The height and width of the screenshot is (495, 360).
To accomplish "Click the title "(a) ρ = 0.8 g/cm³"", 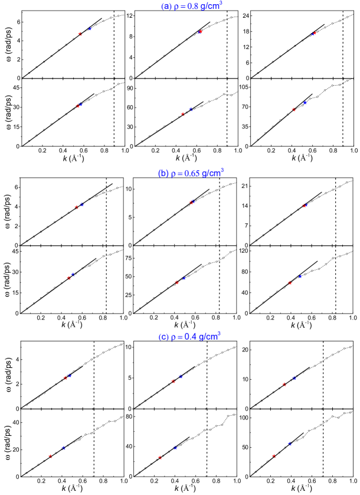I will pos(191,6).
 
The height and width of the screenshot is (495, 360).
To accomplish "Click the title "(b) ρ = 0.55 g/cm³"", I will pos(191,174).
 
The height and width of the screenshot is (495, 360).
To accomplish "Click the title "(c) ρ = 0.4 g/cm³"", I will pos(189,337).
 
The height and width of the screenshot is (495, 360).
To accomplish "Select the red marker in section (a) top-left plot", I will pos(80,34).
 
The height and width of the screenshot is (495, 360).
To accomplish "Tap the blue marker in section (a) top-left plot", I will pos(90,28).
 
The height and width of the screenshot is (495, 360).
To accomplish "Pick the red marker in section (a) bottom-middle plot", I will pos(183,114).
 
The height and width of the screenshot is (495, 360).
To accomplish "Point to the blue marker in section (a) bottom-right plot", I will pos(305,103).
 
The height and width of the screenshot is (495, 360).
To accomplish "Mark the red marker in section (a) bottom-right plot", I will pos(294,109).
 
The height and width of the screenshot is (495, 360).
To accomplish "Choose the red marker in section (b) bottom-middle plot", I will pos(176,282).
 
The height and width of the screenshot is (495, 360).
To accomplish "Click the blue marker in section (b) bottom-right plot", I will pos(300,276).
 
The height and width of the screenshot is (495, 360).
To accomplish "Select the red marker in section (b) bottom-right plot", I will pos(290,283).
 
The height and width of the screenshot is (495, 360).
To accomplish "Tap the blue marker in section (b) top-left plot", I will pos(82,204).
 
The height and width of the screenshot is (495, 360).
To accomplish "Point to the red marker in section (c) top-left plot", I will pos(66,378).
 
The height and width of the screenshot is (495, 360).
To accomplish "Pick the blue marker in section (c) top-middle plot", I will pos(181,376).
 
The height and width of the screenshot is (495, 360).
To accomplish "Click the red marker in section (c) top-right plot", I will pos(284,384).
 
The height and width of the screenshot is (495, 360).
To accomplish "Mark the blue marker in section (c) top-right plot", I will pos(294,377).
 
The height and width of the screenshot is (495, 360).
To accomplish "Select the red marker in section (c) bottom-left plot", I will pos(50,456).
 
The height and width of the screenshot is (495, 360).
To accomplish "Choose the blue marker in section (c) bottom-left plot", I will pos(63,448).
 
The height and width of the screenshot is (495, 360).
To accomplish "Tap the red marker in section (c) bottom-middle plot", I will pos(160,457).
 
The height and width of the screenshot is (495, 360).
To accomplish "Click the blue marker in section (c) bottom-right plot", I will pos(290,443).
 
